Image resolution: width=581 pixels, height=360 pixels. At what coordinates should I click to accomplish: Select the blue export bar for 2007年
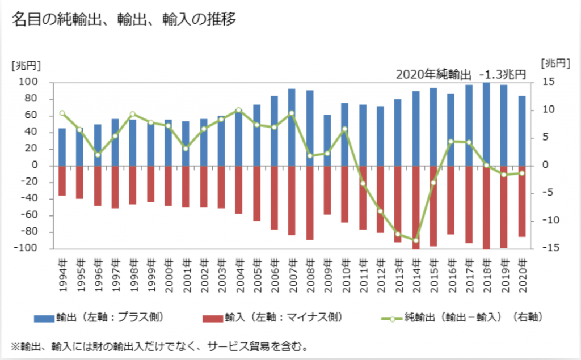[292, 127]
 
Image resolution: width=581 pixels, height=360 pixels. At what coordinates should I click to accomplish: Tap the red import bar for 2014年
[415, 207]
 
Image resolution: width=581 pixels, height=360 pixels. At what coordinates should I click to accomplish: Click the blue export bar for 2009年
[327, 140]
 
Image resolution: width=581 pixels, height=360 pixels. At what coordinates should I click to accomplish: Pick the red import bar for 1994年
[62, 180]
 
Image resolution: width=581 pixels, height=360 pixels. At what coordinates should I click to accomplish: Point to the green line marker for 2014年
[415, 240]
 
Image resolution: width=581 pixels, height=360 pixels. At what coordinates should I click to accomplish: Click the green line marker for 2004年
[238, 110]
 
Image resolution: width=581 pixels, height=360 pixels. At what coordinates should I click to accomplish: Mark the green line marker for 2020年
[521, 173]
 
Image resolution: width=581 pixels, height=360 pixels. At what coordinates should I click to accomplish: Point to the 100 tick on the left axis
[30, 83]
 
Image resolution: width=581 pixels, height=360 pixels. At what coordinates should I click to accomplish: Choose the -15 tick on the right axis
[543, 248]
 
